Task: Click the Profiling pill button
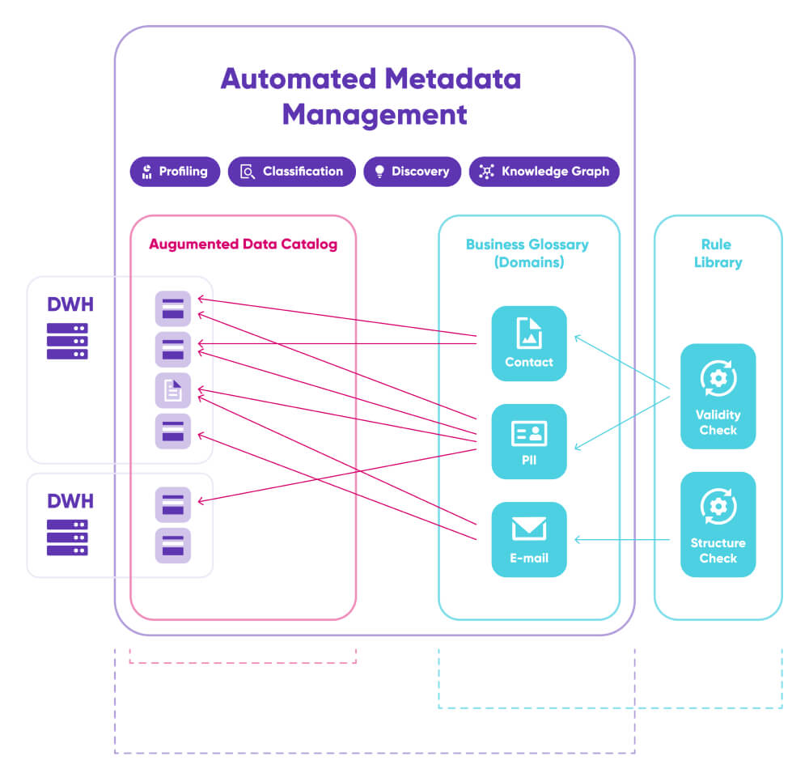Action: point(175,172)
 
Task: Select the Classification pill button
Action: point(292,172)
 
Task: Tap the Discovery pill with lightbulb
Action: point(412,172)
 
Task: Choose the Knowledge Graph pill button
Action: point(544,172)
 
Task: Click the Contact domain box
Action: point(529,343)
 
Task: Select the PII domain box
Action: point(529,441)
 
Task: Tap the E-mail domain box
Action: point(529,539)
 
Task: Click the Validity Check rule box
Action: point(718,396)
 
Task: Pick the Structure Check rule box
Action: point(718,525)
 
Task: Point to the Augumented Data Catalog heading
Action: point(243,244)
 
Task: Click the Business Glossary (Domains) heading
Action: point(527,253)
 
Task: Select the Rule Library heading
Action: point(718,253)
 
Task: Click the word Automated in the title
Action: point(298,79)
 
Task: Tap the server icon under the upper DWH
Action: point(67,341)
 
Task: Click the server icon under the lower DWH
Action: point(67,538)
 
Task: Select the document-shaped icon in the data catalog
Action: point(173,391)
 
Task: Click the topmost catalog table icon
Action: point(173,308)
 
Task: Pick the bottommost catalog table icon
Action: point(173,546)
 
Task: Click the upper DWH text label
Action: point(70,304)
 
